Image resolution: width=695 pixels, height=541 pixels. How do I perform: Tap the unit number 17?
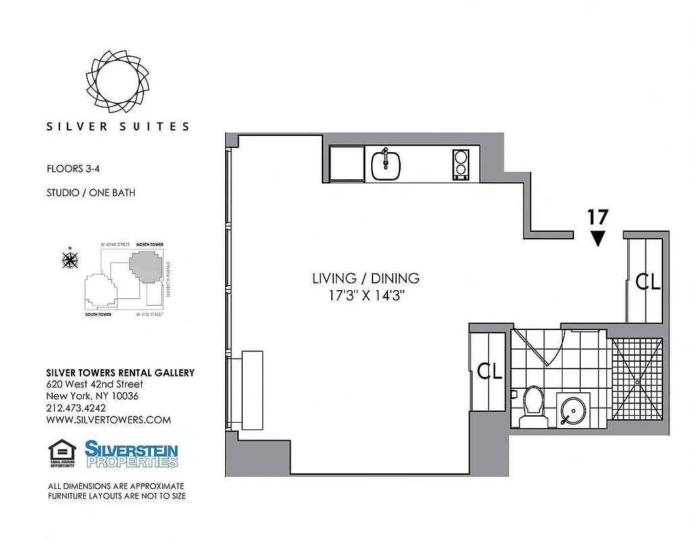coord(597,218)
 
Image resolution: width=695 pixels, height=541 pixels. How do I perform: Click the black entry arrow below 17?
coord(597,238)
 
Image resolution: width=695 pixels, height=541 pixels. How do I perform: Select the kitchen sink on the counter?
coord(385,164)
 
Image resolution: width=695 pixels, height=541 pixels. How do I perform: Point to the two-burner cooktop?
coord(460,164)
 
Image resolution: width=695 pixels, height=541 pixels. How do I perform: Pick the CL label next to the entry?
coord(648,282)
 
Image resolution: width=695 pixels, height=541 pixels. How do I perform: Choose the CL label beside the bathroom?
coord(489,371)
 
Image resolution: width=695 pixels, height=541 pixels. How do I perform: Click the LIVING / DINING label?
coord(365,278)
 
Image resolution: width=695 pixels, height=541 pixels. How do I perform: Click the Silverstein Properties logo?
coord(131,454)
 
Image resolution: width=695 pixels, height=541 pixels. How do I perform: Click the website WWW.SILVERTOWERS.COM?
coord(108,420)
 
